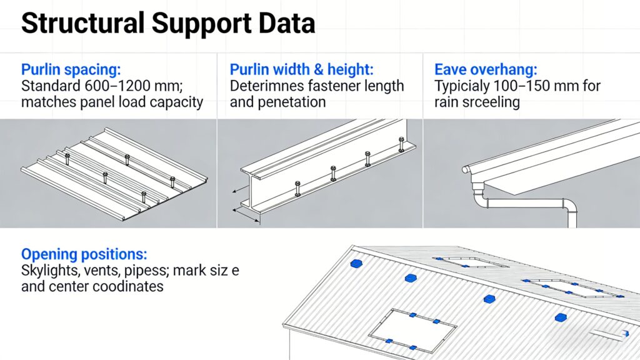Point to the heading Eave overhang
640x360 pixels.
486,69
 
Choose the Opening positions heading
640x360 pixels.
84,254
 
